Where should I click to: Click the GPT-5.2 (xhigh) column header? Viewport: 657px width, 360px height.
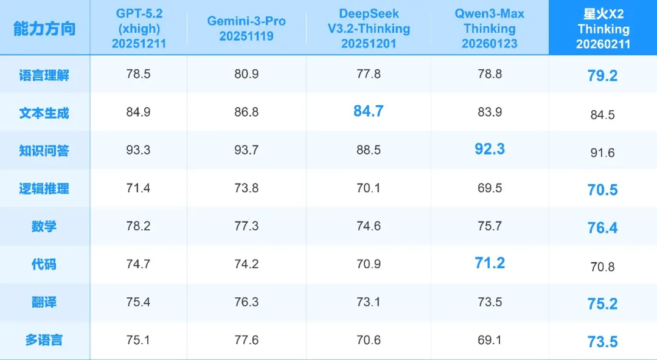coord(138,29)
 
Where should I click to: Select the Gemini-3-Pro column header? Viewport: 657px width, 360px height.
coord(246,28)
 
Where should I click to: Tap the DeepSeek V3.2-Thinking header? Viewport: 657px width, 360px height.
coord(368,29)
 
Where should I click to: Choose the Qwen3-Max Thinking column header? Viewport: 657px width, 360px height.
coord(490,29)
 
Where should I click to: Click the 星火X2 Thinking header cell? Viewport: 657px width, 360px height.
coord(603,29)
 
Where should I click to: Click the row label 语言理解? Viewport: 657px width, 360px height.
coord(44,75)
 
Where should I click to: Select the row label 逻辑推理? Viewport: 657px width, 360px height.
coord(44,189)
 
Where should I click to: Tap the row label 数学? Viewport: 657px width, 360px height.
coord(44,226)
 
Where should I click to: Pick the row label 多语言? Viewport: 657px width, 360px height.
coord(44,341)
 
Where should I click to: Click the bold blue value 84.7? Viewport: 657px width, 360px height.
coord(368,111)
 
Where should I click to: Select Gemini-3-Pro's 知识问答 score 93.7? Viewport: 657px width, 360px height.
coord(246,150)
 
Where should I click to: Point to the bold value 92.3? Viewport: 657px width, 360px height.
coord(490,149)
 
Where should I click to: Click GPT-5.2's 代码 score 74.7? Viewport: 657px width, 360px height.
coord(138,265)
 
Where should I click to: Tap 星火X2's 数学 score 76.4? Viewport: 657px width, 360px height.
coord(603,227)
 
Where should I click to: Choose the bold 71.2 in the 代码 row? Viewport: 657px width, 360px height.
coord(490,263)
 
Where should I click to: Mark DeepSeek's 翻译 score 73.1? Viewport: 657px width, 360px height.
coord(368,302)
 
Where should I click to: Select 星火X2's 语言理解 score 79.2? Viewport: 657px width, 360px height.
coord(603,77)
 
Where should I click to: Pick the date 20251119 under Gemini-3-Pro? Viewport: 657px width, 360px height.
coord(246,36)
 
